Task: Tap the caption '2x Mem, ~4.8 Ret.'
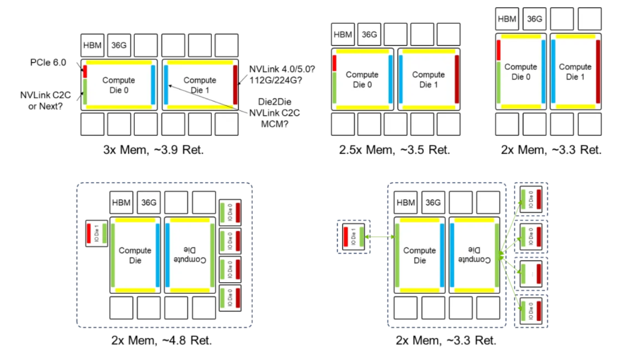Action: coord(162,340)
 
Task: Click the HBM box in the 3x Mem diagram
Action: coord(92,45)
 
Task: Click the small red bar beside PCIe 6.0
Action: coord(86,71)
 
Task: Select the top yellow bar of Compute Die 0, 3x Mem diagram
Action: coord(119,62)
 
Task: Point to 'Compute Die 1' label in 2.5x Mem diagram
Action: coord(428,80)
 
